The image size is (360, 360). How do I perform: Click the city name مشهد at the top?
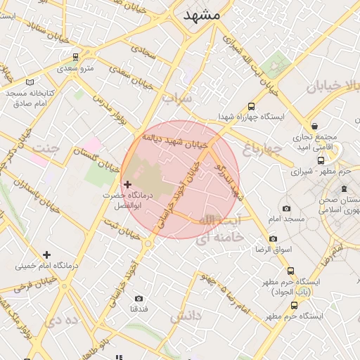pyautogui.click(x=202, y=15)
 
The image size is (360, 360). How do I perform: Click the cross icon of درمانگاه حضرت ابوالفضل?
pyautogui.click(x=127, y=184)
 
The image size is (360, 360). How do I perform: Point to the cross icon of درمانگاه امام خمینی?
pyautogui.click(x=46, y=255)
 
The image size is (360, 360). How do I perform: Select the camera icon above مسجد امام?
pyautogui.click(x=286, y=208)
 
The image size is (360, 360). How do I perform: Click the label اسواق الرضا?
pyautogui.click(x=269, y=248)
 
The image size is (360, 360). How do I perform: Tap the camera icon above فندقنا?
pyautogui.click(x=139, y=298)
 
